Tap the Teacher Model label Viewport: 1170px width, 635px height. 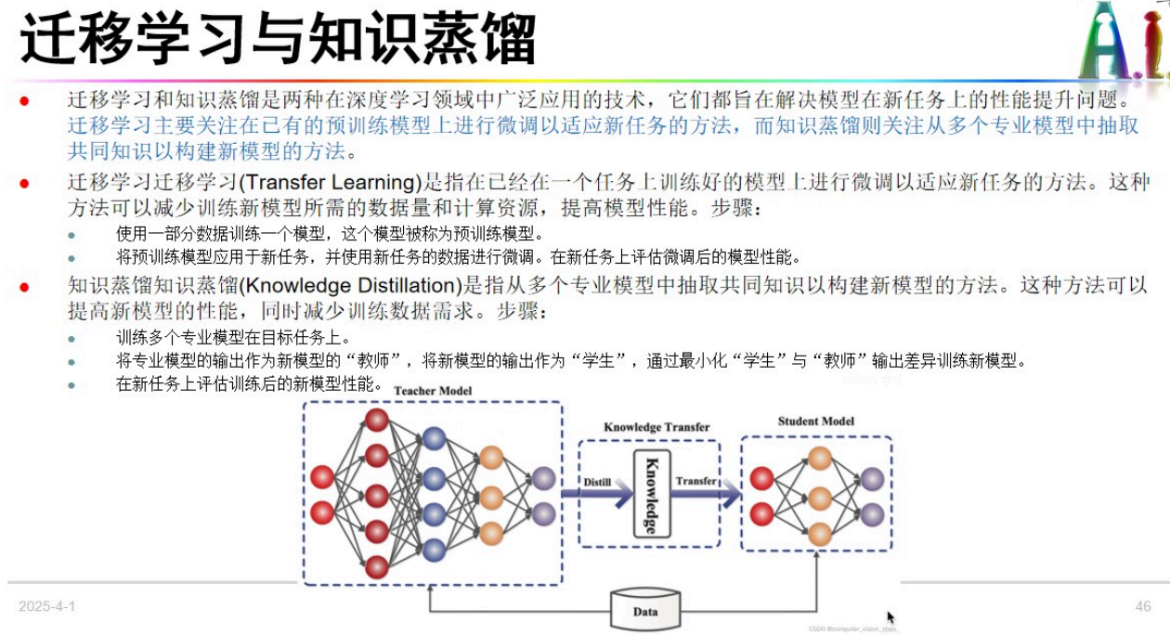433,391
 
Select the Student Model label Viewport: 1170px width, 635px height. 816,421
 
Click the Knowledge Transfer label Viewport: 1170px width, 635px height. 656,428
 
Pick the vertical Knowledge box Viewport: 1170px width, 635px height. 651,493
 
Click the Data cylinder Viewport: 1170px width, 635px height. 645,611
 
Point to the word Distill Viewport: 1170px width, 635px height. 597,482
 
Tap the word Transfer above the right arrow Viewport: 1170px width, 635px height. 695,481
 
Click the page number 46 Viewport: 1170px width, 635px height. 1143,606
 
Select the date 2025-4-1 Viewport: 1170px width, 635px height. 46,606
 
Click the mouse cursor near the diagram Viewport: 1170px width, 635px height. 890,616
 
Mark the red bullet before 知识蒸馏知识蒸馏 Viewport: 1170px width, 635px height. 25,286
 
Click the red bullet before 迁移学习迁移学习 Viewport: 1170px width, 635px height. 25,184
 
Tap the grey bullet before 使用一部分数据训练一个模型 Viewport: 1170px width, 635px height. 71,235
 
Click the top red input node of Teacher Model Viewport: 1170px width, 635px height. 322,477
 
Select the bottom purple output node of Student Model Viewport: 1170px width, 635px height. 871,513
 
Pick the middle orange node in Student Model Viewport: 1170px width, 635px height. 819,498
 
